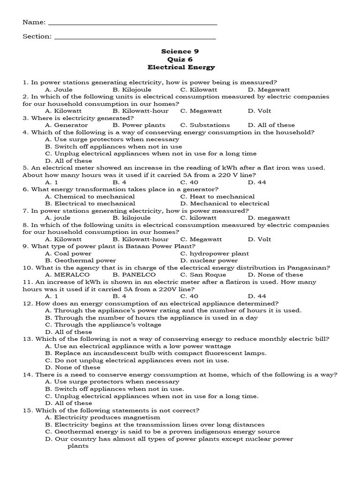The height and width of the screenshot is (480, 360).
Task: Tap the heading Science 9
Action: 177,52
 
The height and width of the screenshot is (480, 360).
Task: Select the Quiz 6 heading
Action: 177,60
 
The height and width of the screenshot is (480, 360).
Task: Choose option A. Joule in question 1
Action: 59,90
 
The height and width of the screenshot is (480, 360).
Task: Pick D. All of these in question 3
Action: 271,125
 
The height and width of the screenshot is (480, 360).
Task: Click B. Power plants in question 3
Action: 139,125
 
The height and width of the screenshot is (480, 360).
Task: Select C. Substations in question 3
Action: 205,125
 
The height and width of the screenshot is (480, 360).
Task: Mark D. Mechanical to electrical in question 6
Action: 225,203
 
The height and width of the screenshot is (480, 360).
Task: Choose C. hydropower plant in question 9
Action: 214,254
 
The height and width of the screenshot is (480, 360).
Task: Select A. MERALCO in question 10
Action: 67,275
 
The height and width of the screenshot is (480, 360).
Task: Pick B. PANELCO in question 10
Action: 134,275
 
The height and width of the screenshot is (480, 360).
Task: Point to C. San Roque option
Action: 203,275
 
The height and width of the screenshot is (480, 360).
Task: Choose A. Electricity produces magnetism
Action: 102,417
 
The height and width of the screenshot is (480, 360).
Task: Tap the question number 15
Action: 27,410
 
